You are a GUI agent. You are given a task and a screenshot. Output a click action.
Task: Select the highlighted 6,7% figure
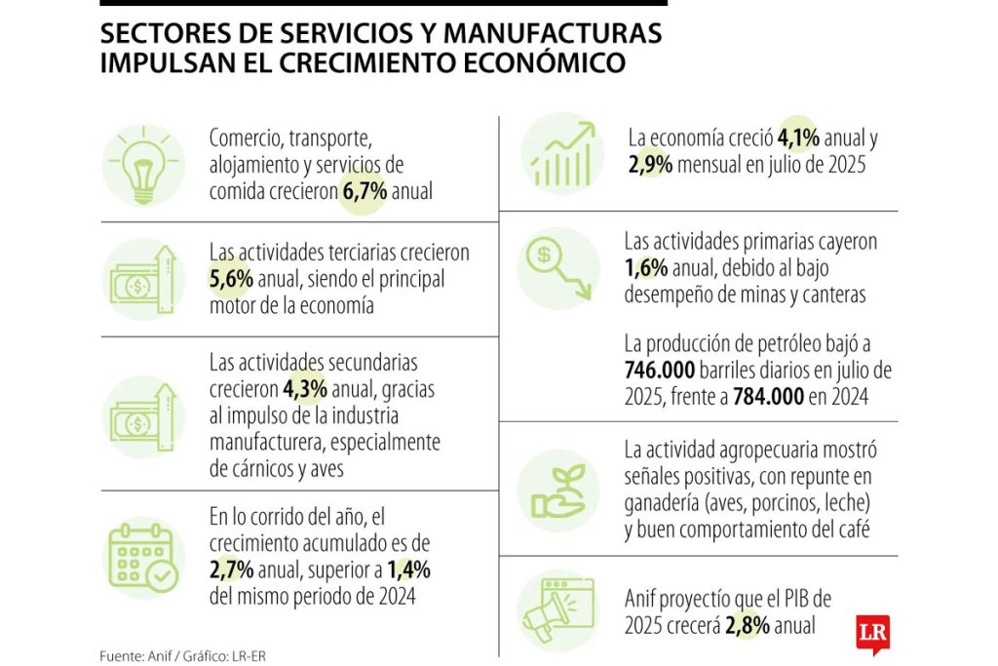pos(365,191)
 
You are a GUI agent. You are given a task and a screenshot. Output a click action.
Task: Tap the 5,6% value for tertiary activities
pos(232,279)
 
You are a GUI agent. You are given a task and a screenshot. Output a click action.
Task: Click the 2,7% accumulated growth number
pos(232,569)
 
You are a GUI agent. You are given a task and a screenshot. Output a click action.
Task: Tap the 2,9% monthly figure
pos(650,165)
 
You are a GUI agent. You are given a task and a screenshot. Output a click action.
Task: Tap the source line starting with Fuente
pos(182,655)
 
